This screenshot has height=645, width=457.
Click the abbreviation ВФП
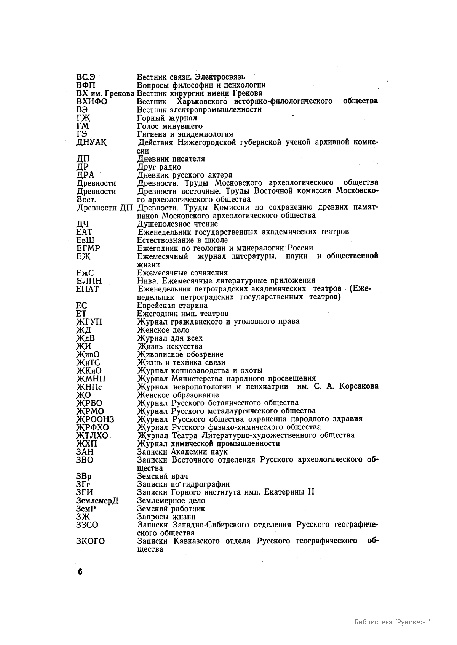point(86,85)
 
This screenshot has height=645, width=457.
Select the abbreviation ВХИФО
point(92,102)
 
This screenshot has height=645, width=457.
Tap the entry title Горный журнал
point(167,118)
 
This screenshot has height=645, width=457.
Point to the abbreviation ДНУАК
point(91,143)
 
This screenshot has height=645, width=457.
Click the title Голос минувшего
point(169,126)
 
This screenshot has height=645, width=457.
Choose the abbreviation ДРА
point(85,175)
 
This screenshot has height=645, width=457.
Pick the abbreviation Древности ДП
point(105,208)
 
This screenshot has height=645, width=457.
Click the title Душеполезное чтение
point(177,224)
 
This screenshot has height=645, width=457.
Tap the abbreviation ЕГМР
point(88,248)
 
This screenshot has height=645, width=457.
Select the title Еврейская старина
point(172,306)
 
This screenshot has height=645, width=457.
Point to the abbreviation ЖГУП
point(89,322)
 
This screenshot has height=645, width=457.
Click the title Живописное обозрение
point(180,354)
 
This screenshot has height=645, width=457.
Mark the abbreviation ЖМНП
point(91,379)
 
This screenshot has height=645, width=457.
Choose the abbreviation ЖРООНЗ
point(95,419)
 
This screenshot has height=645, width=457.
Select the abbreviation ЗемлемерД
point(97,501)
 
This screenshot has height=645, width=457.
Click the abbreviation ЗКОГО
point(91,541)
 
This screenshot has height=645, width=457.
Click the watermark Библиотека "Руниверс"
point(392,622)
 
